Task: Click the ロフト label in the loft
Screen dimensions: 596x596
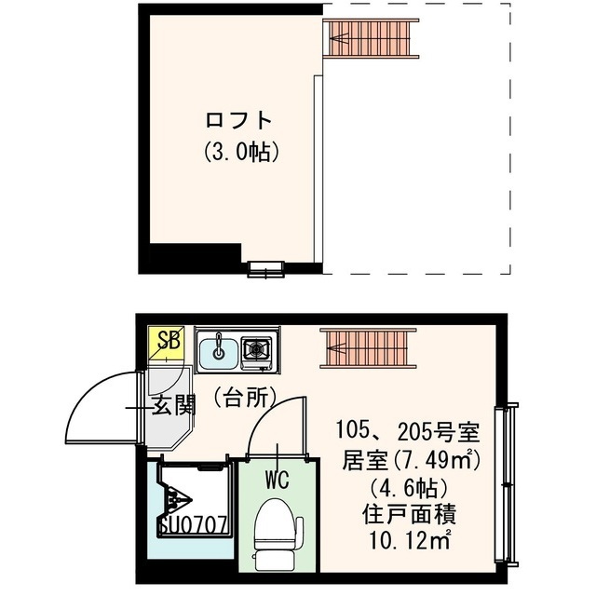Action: pyautogui.click(x=238, y=120)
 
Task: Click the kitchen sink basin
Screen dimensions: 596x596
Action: pyautogui.click(x=219, y=351)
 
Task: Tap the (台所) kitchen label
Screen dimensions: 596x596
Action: pyautogui.click(x=245, y=398)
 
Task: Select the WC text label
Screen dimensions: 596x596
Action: pyautogui.click(x=278, y=481)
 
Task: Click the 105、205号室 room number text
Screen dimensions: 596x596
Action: pyautogui.click(x=407, y=432)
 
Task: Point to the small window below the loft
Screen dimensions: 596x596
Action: pyautogui.click(x=265, y=271)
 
